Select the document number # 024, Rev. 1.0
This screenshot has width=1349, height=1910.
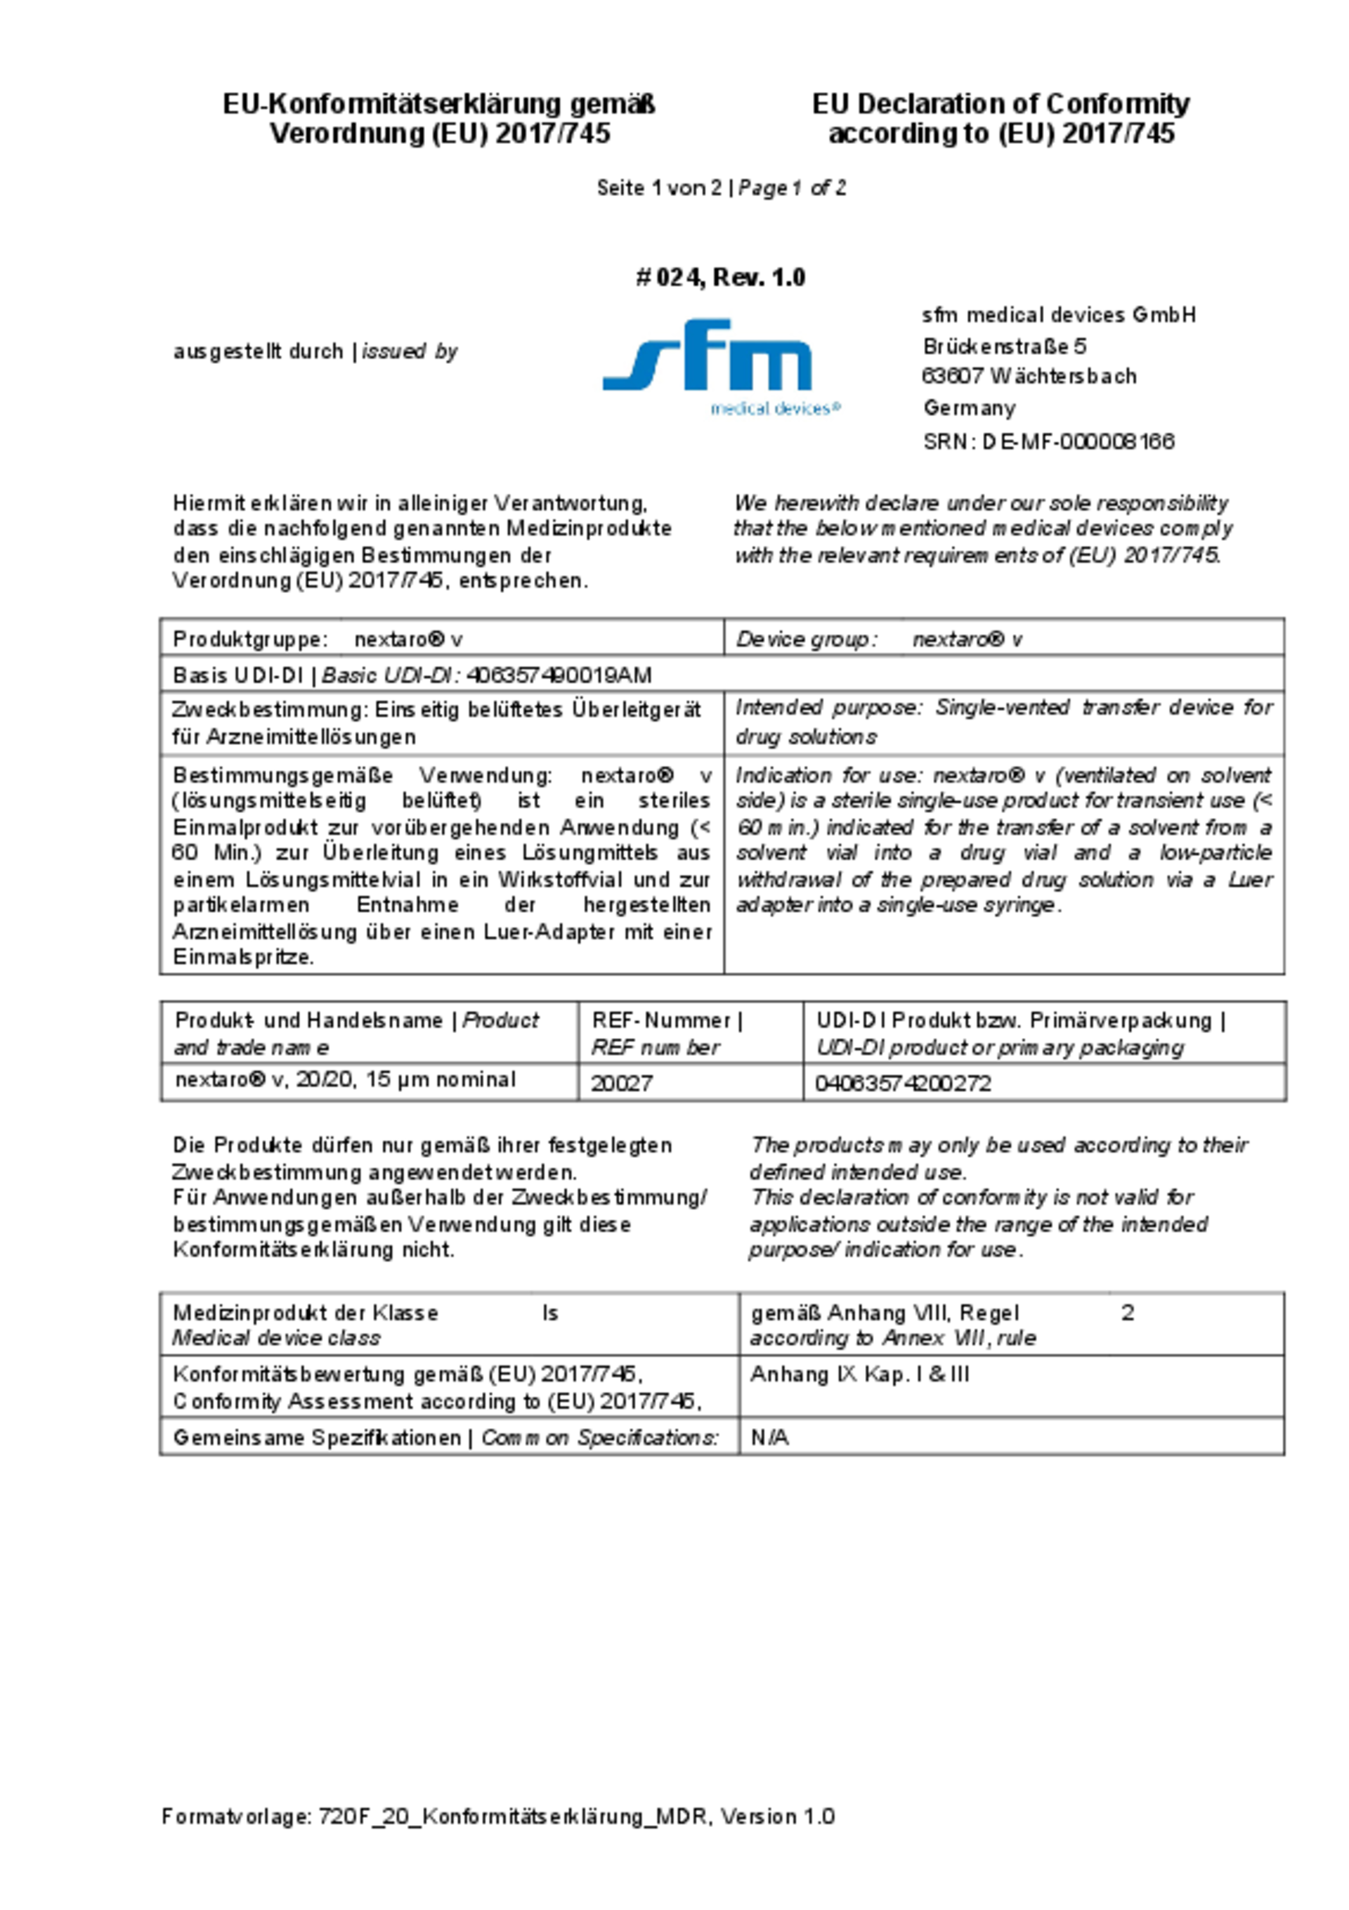[720, 277]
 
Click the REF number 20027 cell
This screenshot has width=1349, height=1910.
[621, 1082]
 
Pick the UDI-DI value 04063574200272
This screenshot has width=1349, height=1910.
[904, 1082]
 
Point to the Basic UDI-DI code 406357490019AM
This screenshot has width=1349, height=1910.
[559, 675]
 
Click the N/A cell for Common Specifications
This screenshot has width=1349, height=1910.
[769, 1438]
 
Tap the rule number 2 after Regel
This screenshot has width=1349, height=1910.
[1127, 1313]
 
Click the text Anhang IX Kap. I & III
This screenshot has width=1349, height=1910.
[859, 1375]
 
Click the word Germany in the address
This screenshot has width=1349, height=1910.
[969, 408]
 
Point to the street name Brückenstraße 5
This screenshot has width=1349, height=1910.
[1005, 345]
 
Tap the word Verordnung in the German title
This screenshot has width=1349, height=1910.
[346, 133]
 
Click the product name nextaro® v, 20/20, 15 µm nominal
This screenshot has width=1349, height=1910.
[345, 1080]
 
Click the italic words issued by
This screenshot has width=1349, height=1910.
[410, 351]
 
